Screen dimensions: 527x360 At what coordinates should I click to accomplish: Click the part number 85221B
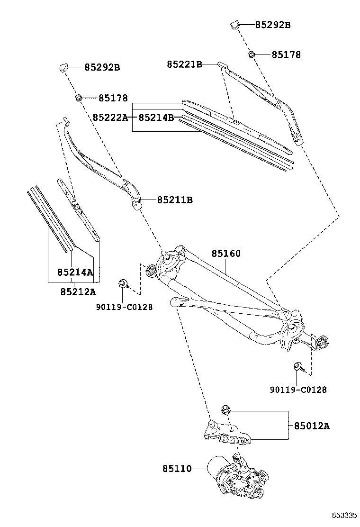[184, 64]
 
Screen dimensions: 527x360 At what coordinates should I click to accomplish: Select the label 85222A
[110, 117]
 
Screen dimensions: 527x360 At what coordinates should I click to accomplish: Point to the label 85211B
[175, 200]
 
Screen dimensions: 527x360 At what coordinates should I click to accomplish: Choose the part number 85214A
[75, 272]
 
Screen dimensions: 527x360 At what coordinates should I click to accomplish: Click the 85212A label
[78, 291]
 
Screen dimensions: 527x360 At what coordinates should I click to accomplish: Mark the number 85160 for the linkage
[226, 254]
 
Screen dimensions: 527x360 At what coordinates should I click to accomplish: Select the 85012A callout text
[311, 426]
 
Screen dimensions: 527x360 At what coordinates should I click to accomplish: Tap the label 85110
[177, 469]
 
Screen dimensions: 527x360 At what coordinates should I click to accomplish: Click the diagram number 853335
[343, 515]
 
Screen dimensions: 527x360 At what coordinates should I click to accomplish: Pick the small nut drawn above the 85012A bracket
[225, 409]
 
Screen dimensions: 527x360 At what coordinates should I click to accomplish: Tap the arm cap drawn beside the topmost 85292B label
[234, 24]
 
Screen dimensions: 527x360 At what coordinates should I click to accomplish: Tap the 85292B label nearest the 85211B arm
[102, 67]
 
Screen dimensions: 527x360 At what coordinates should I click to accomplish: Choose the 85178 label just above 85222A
[113, 98]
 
